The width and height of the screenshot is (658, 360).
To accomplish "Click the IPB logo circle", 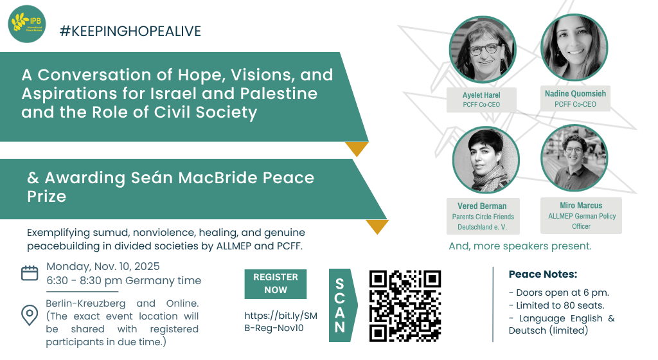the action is pos(27,24).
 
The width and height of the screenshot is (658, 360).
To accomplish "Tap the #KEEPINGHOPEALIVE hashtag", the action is pos(130,31).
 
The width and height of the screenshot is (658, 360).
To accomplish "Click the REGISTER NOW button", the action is pos(275,283).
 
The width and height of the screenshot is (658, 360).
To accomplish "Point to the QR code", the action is pos(405,305).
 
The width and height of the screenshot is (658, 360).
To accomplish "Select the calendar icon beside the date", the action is pos(30,273).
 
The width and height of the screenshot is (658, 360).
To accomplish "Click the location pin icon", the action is pos(30,315).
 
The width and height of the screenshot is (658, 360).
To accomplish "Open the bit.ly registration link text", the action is pos(281,322).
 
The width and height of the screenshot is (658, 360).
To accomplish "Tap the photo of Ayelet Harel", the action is pos(482,50).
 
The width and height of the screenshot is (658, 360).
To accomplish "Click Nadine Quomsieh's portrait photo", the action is pos(574,47).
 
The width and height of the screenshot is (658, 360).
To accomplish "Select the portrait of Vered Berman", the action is pos(486,160).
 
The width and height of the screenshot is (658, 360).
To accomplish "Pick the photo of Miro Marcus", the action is pos(574,158).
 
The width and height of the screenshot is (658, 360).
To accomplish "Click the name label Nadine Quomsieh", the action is pos(575,94).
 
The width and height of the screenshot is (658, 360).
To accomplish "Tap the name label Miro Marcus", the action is pos(581,206).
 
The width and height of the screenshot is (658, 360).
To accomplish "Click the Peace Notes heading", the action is pos(543,274).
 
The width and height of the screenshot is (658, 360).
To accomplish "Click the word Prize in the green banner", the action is pos(46,196).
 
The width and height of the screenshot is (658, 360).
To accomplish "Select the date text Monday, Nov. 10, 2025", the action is pos(103,266).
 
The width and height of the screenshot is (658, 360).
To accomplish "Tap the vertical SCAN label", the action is pos(340,305).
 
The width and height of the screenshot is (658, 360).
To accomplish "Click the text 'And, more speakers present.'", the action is pos(520,246).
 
